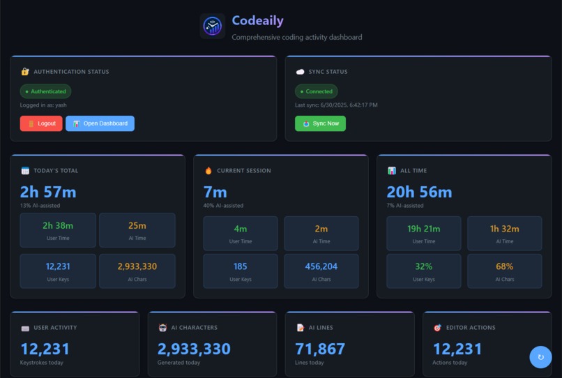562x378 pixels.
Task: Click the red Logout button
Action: pos(41,123)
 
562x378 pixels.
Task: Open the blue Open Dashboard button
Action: pos(100,123)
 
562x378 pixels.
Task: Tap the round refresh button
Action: pos(540,357)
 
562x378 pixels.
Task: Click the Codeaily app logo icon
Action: pos(213,26)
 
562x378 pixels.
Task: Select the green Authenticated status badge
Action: pos(45,91)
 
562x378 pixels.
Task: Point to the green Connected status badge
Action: pos(317,91)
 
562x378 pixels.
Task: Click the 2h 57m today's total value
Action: pos(48,192)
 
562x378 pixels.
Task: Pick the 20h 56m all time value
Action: pos(419,192)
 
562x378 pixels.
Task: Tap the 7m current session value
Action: pos(215,192)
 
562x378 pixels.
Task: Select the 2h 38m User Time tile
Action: pos(58,230)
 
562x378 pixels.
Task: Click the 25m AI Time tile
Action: pos(137,230)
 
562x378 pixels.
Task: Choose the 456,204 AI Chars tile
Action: pos(321,271)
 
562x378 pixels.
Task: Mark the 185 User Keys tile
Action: pos(240,271)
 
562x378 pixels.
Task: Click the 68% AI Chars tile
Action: pos(504,271)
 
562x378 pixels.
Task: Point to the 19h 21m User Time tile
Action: pos(423,233)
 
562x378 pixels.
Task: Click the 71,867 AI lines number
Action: pos(320,349)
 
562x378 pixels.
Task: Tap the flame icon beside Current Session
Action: pos(208,170)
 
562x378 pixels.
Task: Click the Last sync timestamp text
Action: pos(336,105)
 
